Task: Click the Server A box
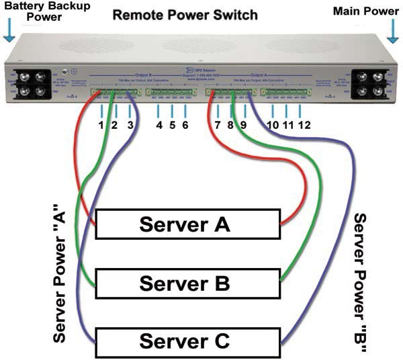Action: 187,224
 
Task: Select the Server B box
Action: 187,283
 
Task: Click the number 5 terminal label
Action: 172,125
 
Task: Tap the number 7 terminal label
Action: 218,125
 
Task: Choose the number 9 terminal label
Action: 243,125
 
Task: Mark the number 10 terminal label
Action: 274,125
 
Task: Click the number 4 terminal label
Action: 159,125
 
